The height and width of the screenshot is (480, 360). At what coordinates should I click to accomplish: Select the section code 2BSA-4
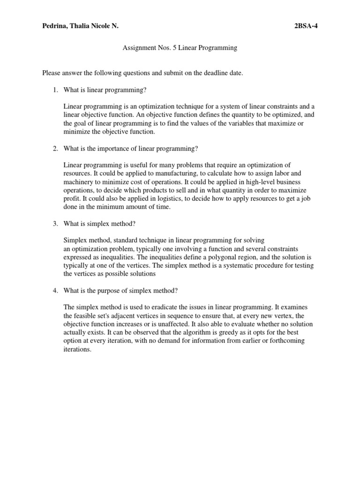coord(306,27)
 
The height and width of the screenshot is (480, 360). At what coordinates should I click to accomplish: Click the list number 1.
coord(55,90)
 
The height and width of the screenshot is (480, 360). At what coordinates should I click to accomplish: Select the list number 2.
coord(55,149)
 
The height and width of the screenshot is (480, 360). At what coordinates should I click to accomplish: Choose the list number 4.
coord(55,290)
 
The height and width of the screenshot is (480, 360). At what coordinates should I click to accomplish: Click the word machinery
coord(79,182)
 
